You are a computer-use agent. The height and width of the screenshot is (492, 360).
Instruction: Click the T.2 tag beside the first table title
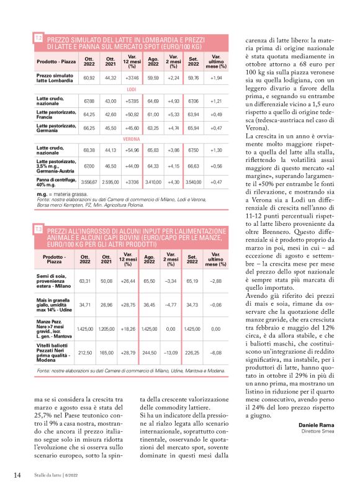tap(38, 38)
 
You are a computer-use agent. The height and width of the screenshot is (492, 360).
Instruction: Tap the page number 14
tap(17, 475)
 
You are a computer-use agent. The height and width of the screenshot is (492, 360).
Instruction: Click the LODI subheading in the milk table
tap(132, 90)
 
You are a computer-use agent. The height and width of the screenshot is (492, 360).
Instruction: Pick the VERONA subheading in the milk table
tap(132, 139)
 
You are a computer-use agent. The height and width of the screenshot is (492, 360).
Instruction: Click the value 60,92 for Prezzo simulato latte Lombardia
tap(89, 79)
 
